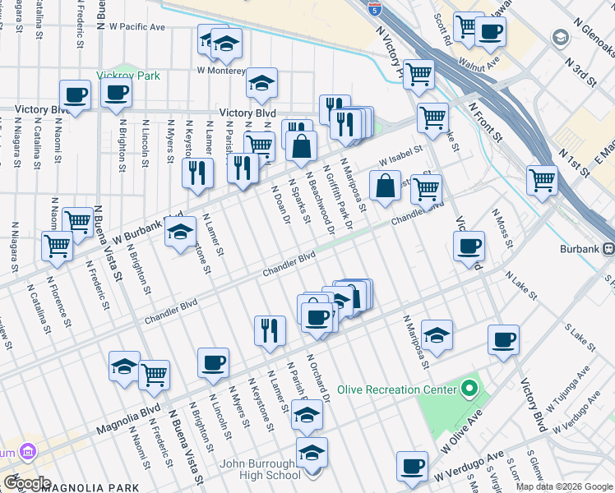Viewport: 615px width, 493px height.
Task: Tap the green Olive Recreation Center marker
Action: coord(469,386)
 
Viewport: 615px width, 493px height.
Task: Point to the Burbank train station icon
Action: coord(608,250)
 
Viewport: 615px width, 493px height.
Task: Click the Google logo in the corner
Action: coord(27,483)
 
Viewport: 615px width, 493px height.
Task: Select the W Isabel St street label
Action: coord(400,154)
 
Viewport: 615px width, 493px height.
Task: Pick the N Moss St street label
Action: coord(502,228)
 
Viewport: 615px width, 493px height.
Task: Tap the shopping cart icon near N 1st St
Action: coord(542,179)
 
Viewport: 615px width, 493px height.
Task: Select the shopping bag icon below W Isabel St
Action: coord(385,186)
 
